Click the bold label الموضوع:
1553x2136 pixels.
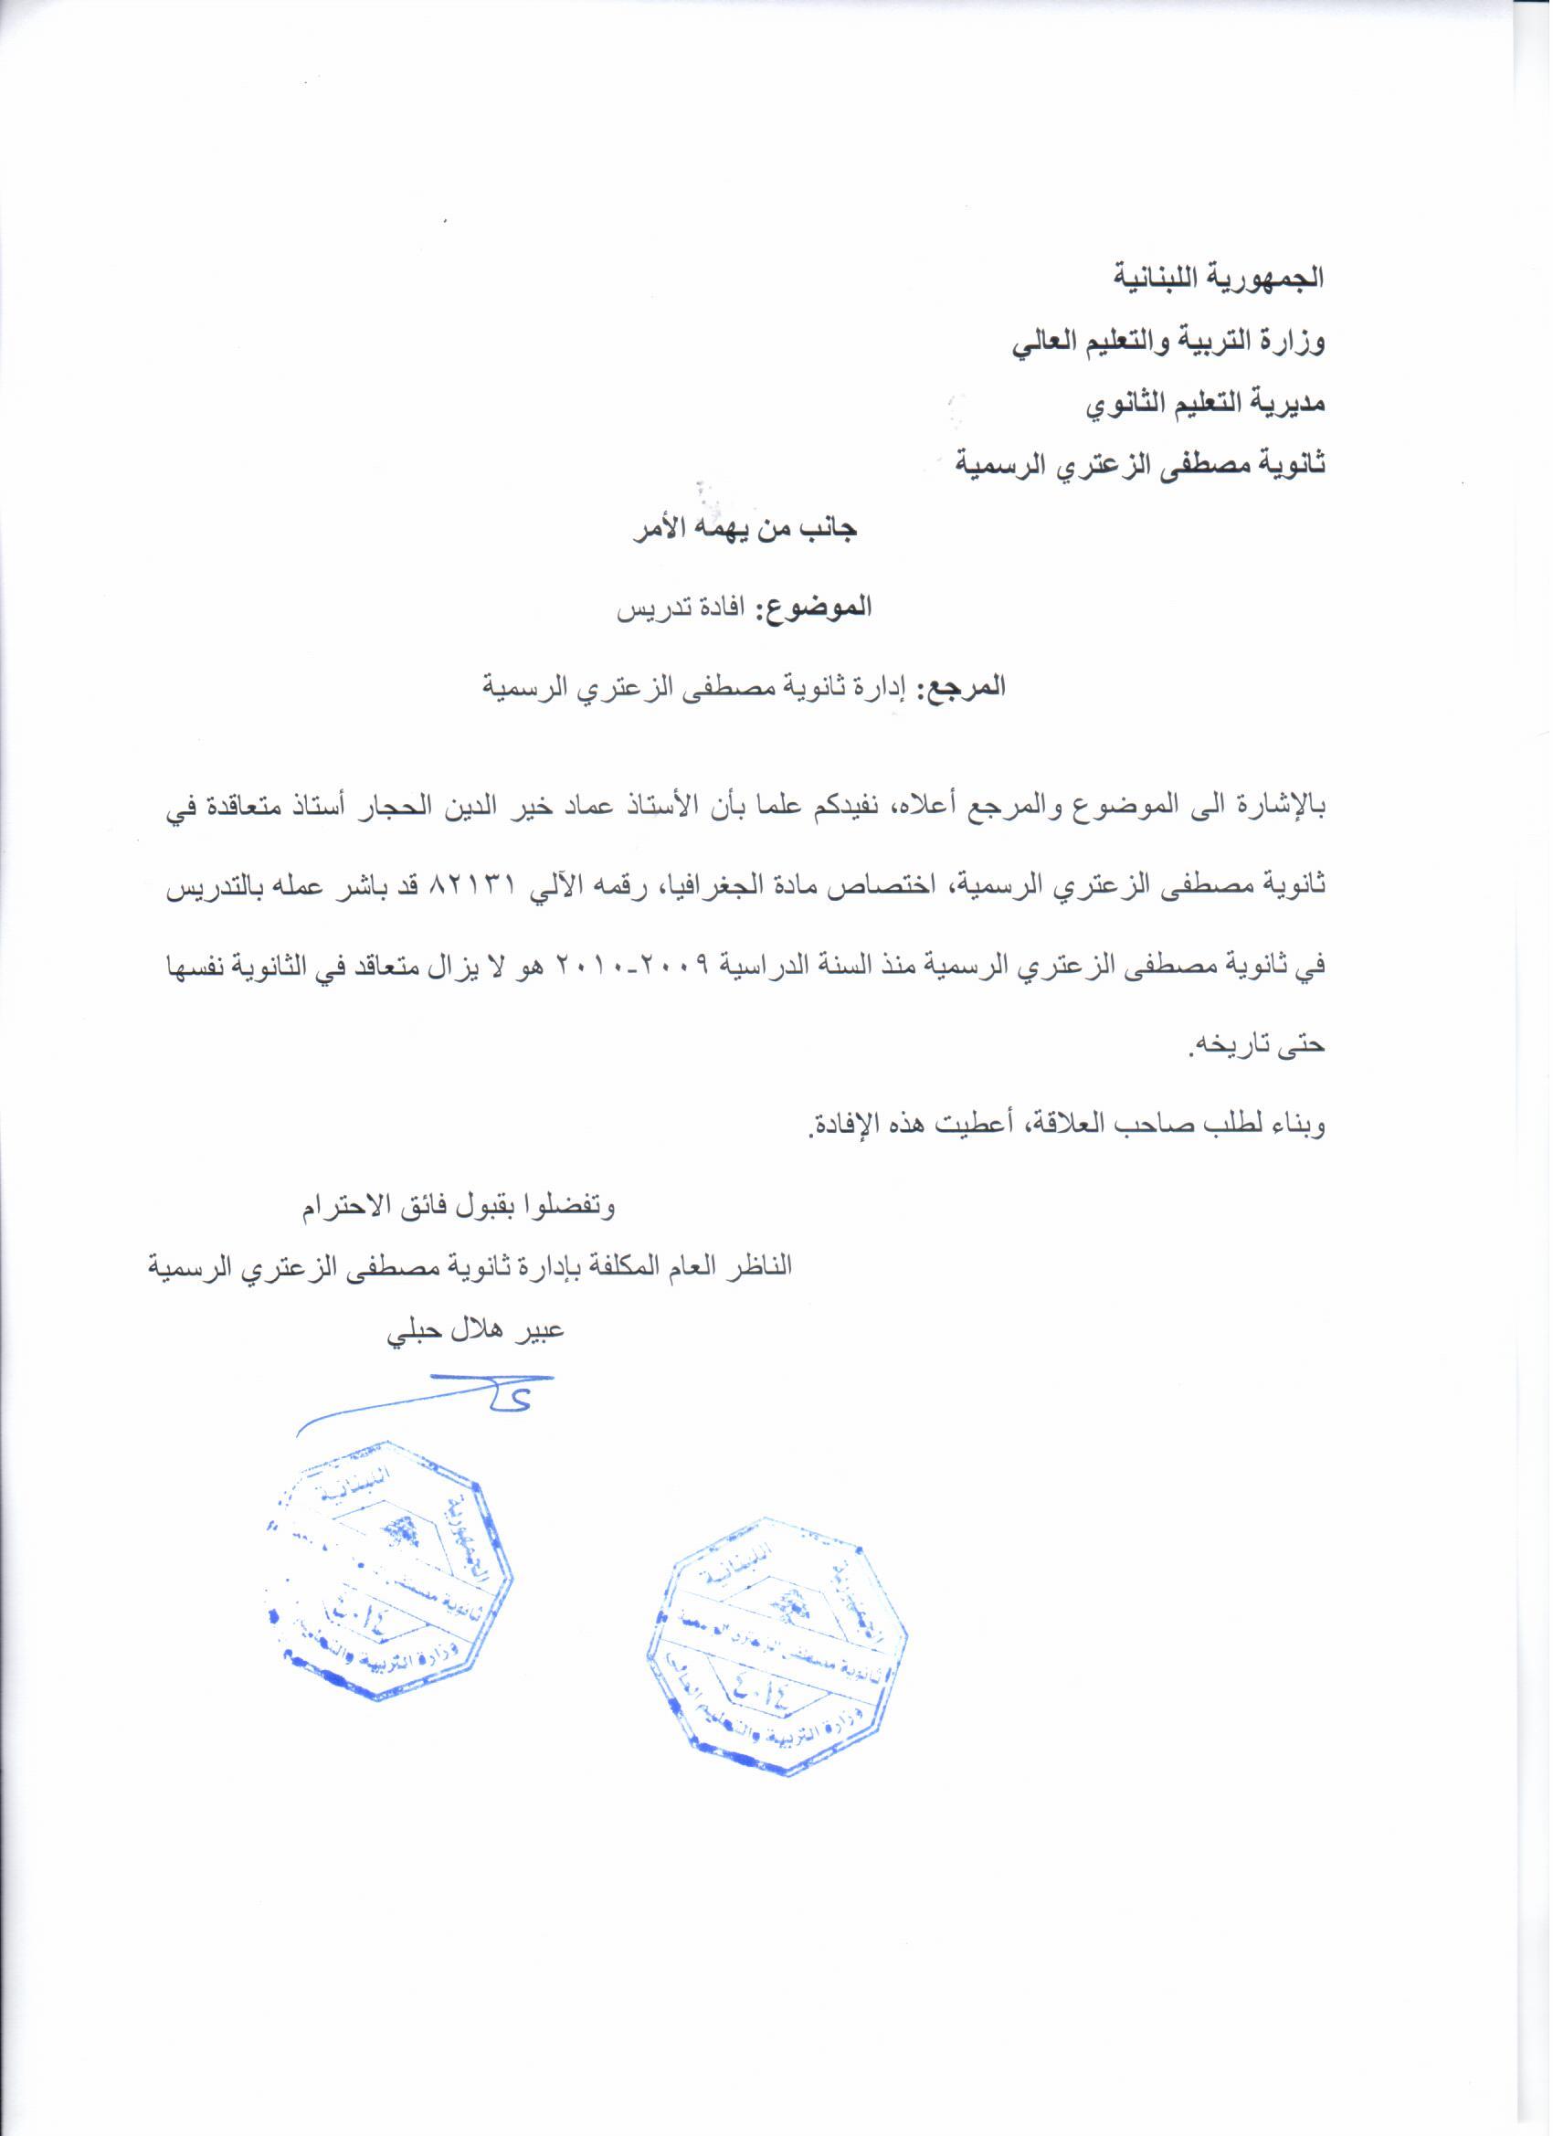(816, 607)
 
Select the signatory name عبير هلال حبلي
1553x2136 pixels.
(477, 1335)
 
